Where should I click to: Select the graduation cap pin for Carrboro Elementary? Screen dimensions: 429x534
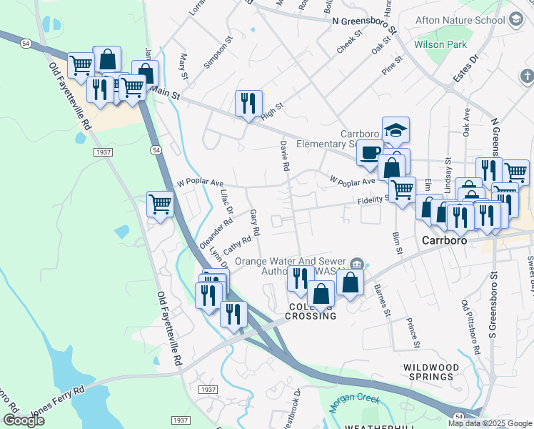(x=396, y=131)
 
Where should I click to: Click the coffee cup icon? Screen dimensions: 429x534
(x=370, y=152)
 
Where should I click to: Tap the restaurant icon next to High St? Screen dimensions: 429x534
(x=248, y=103)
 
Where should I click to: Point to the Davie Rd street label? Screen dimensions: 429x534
(x=285, y=155)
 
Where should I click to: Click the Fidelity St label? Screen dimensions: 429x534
(x=373, y=201)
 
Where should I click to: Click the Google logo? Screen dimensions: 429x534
(x=24, y=420)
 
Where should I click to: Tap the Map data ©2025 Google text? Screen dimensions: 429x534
(x=489, y=423)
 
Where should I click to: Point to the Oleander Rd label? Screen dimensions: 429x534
(x=217, y=232)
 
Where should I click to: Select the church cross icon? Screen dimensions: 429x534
(x=526, y=75)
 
